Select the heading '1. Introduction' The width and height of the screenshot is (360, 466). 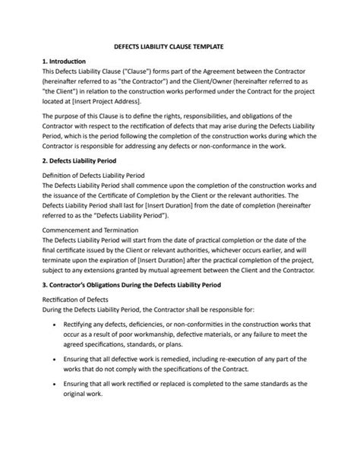65,61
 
